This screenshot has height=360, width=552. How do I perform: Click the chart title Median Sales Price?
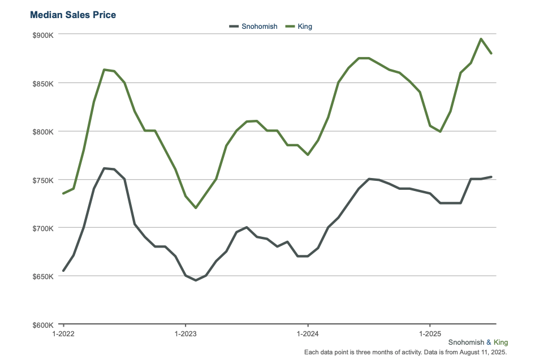coord(73,15)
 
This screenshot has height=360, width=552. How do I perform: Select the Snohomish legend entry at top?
coord(253,27)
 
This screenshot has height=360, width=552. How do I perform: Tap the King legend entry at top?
coord(299,27)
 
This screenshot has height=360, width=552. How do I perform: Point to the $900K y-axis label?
coord(43,35)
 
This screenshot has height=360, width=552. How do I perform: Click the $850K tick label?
coord(43,84)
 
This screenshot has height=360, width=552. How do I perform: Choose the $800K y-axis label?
coord(43,132)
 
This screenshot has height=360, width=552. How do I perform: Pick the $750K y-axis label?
coord(43,180)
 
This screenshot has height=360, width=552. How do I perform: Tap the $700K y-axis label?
coord(43,228)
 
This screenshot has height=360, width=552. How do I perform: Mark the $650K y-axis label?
coord(43,276)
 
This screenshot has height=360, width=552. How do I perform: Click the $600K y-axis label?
coord(43,325)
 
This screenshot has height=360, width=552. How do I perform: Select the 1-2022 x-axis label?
coord(63,333)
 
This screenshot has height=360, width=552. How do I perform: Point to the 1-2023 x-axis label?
coord(186,333)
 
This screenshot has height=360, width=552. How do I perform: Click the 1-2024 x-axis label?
coord(308,333)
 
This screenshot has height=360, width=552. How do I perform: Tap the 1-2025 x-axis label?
coord(430,333)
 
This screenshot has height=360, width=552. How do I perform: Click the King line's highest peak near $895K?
coord(481,38)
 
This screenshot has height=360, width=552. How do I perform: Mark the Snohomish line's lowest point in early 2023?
coord(196,280)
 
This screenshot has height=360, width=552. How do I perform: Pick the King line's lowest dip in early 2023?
coord(196,208)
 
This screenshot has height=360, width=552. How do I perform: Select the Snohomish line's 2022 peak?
coord(104,168)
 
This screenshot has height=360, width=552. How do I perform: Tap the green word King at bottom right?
coord(501,342)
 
